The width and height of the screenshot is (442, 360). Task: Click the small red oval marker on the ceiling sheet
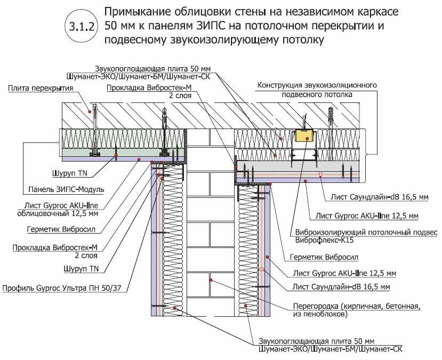point(320,174)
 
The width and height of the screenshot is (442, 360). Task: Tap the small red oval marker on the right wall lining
point(261,270)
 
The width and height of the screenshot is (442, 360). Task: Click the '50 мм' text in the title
point(120,26)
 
